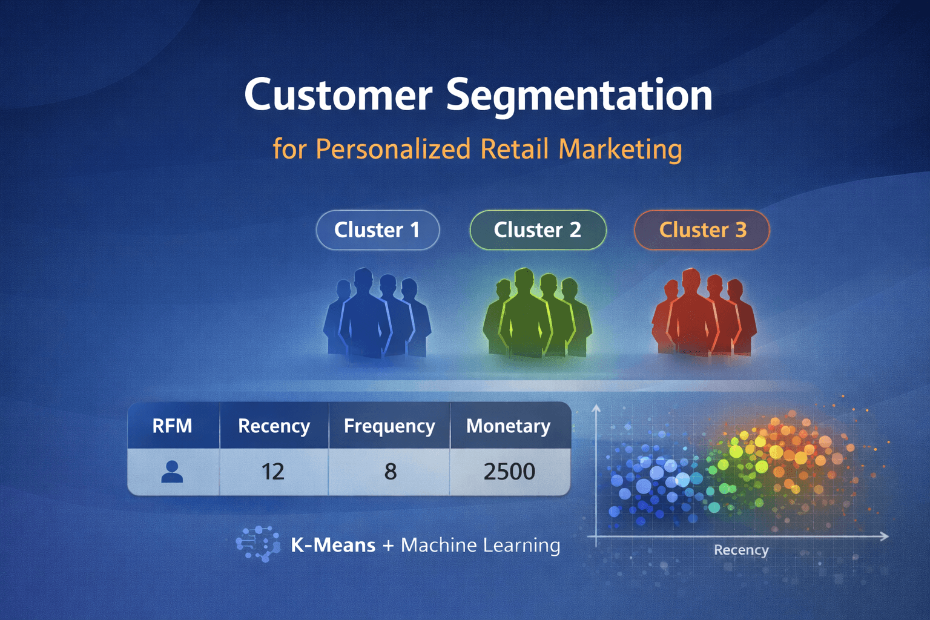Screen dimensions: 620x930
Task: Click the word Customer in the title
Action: (x=338, y=96)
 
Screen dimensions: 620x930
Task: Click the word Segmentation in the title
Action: (x=579, y=96)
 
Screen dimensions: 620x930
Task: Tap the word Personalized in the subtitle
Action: (x=393, y=149)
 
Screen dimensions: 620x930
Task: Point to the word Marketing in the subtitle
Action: (x=620, y=149)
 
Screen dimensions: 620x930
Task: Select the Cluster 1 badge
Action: (x=377, y=230)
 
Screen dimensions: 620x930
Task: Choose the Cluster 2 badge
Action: (x=538, y=230)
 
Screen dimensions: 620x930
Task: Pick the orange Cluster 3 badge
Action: (x=702, y=230)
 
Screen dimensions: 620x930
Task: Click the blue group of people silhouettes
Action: (x=377, y=314)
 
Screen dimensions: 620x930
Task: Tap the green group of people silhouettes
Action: (x=536, y=314)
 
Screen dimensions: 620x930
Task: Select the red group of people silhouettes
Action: (x=704, y=314)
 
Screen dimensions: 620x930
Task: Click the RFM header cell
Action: (x=173, y=426)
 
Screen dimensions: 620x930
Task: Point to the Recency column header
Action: (x=274, y=426)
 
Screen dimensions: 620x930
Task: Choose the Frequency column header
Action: (x=389, y=426)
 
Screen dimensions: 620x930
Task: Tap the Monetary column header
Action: (x=509, y=426)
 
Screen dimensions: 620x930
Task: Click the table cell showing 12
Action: (x=273, y=472)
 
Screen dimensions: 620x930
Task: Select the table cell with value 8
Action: (x=390, y=472)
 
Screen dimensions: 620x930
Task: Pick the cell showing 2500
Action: (x=509, y=472)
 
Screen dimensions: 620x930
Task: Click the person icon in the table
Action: (x=172, y=472)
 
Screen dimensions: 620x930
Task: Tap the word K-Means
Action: (x=333, y=545)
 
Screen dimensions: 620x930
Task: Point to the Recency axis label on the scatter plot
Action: (x=741, y=550)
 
